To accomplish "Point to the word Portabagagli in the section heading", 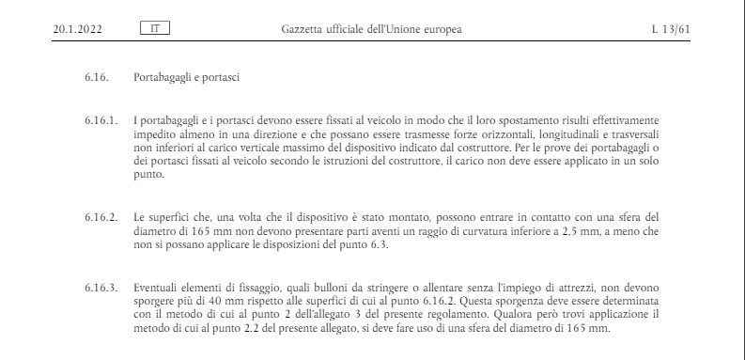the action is tap(166, 76).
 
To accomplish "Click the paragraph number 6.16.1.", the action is tap(100, 122).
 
